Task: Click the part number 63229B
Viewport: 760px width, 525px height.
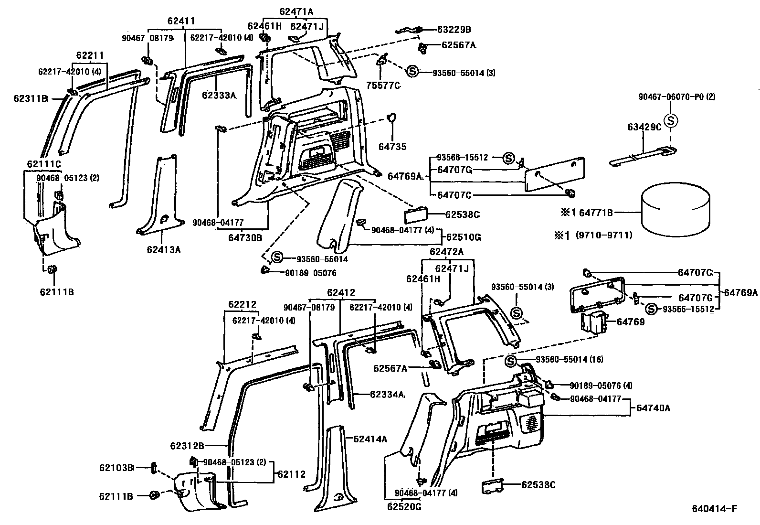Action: pyautogui.click(x=454, y=29)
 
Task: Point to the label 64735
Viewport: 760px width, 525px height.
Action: pyautogui.click(x=392, y=147)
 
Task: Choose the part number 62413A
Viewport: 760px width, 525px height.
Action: pyautogui.click(x=164, y=250)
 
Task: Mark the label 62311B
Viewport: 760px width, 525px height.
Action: pyautogui.click(x=31, y=99)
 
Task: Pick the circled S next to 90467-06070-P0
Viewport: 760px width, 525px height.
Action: pyautogui.click(x=671, y=121)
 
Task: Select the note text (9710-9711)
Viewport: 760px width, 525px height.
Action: pyautogui.click(x=603, y=235)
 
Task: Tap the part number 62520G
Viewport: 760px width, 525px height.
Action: pyautogui.click(x=404, y=507)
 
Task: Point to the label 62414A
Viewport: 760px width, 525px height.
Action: pyautogui.click(x=370, y=439)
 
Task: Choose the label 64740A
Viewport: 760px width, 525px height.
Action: pyautogui.click(x=654, y=408)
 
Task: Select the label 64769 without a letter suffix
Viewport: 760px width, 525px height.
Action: pyautogui.click(x=630, y=321)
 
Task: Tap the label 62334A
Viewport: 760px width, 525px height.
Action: pyautogui.click(x=387, y=395)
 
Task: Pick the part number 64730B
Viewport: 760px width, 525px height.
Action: pyautogui.click(x=245, y=237)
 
